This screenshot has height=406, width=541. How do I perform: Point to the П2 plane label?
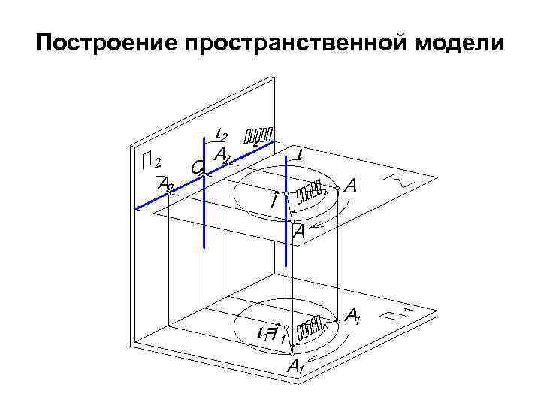click(x=153, y=161)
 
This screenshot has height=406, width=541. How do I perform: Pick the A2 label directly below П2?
click(x=165, y=183)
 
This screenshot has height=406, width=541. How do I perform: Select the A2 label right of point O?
click(x=222, y=155)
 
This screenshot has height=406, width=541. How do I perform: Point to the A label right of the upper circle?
click(x=349, y=185)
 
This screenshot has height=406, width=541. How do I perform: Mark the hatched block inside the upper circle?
click(x=310, y=192)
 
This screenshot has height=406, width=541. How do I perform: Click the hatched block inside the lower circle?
click(x=310, y=329)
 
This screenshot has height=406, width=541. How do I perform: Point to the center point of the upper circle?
click(x=286, y=194)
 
